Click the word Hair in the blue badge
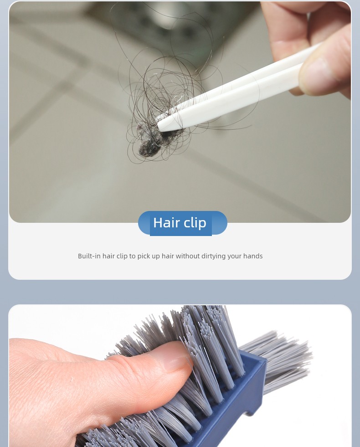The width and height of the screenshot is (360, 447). (162, 222)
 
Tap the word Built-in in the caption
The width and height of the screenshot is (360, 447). (89, 256)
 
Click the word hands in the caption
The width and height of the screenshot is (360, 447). (253, 256)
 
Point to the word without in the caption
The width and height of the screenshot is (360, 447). (188, 256)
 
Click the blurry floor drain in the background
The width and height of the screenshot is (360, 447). (171, 23)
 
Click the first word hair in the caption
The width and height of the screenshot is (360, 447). (108, 256)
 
